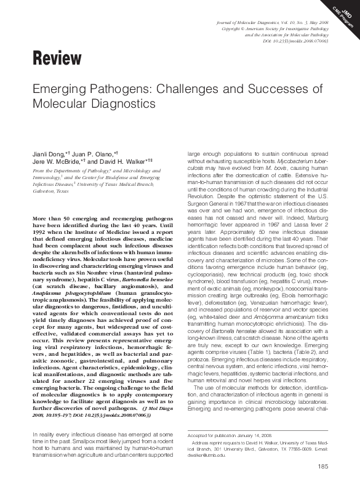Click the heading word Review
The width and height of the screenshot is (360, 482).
point(56,59)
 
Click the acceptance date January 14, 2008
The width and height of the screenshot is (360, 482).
point(252,435)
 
